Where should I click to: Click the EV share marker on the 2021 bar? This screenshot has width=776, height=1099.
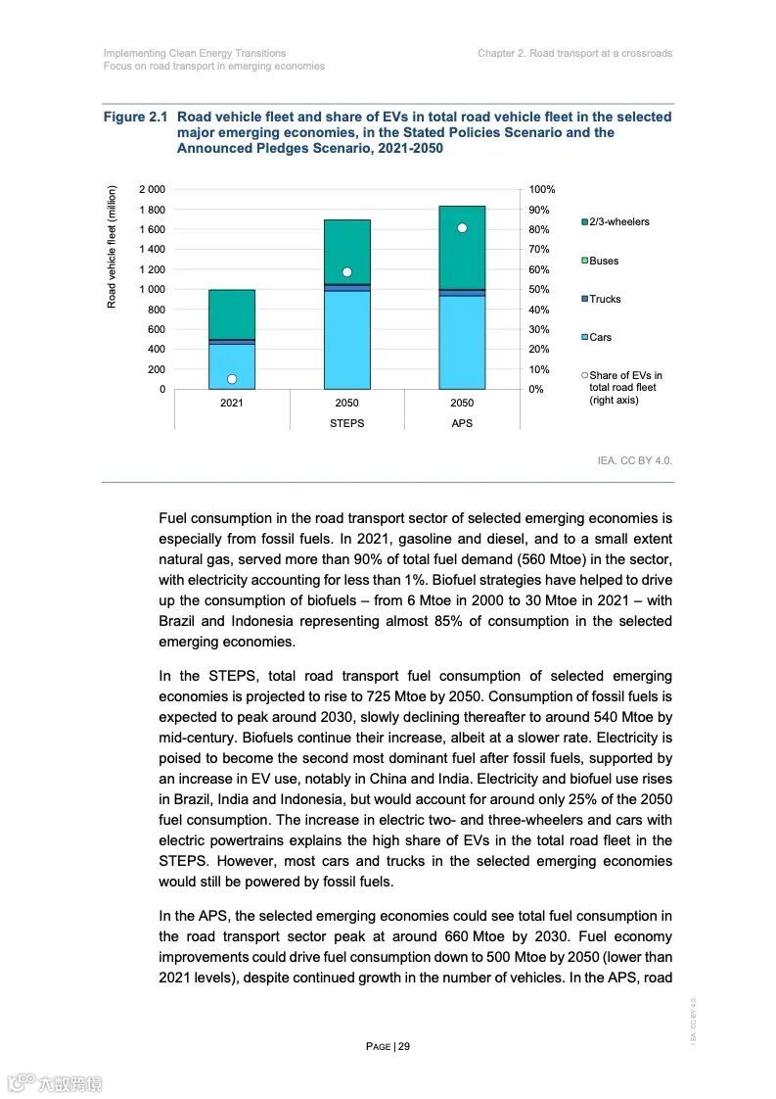pos(232,379)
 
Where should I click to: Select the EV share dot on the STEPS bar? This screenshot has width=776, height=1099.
pos(346,272)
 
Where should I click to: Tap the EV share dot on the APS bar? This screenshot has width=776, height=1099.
pos(462,228)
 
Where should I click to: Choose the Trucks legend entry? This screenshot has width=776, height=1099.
pos(604,300)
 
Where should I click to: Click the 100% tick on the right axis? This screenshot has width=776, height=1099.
pos(542,189)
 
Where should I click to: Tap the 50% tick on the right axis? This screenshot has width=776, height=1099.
pos(539,289)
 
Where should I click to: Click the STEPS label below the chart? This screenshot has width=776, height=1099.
pos(346,423)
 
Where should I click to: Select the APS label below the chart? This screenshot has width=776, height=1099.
pos(462,423)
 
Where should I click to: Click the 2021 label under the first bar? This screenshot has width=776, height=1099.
pos(232,404)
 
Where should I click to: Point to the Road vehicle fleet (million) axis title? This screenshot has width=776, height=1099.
pos(113,247)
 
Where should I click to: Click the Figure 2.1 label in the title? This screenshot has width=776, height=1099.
pos(137,118)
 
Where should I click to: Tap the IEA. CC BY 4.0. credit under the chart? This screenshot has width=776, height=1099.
pos(634,459)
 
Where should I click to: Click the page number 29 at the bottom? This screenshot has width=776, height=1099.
pos(403,1046)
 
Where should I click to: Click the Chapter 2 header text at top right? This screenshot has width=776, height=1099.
pos(574,53)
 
